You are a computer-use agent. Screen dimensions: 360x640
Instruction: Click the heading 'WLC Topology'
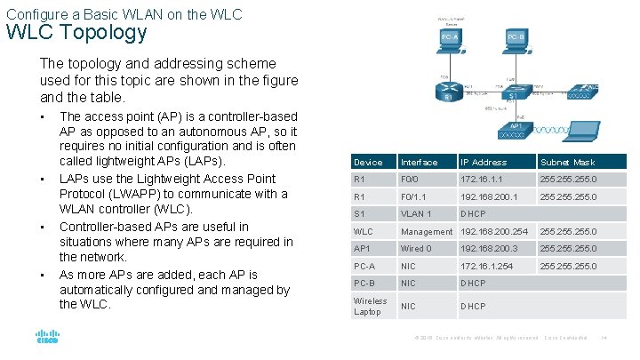point(76,33)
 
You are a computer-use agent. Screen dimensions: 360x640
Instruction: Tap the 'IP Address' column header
point(483,163)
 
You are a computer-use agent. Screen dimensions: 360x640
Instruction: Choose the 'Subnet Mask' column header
point(566,163)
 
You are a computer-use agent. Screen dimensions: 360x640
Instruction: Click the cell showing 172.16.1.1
point(480,180)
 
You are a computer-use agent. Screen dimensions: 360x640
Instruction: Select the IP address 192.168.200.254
point(493,231)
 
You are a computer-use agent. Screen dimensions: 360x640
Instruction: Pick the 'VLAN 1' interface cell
point(416,214)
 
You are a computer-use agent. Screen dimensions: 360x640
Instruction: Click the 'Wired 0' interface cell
point(417,249)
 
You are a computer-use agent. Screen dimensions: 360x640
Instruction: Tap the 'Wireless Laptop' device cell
point(370,306)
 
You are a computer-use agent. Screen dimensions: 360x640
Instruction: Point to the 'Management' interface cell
point(426,231)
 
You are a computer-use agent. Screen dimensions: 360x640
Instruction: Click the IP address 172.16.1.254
point(485,266)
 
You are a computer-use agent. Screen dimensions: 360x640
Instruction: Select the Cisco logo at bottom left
point(47,338)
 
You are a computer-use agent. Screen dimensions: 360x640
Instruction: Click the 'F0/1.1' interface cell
point(414,197)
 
